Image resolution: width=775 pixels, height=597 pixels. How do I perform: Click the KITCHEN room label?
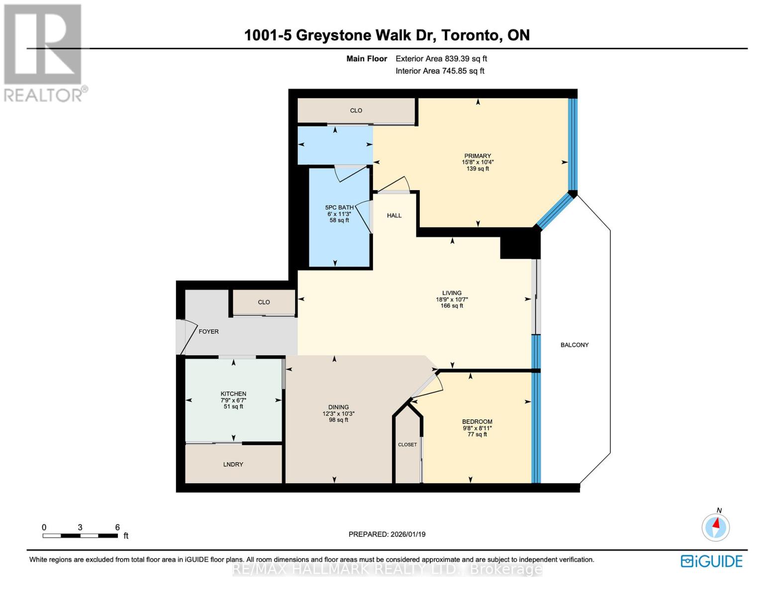[233, 394]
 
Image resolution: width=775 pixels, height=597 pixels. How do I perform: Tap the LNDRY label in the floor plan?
[233, 464]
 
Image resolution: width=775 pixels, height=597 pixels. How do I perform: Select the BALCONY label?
[575, 345]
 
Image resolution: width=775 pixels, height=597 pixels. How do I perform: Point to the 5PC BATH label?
[339, 207]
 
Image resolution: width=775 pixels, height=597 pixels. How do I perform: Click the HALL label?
[394, 215]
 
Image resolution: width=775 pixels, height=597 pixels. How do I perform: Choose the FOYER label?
[208, 331]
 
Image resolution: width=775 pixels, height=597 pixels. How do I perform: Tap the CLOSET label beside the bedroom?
[407, 444]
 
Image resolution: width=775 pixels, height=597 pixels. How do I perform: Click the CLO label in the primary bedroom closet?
[356, 110]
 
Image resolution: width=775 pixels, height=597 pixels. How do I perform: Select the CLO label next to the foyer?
[264, 302]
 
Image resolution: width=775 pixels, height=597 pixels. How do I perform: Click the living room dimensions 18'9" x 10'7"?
[452, 299]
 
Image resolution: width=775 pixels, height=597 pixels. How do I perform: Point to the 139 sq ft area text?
[478, 169]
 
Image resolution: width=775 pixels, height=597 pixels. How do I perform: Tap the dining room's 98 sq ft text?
[338, 420]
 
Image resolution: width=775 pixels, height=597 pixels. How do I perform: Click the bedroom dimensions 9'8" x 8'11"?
[477, 428]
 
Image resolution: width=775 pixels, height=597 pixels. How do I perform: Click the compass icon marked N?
[716, 527]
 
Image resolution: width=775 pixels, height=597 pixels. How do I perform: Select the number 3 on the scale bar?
[80, 527]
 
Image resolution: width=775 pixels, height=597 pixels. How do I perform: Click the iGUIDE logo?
[711, 561]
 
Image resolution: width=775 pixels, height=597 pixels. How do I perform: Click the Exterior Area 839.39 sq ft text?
[441, 59]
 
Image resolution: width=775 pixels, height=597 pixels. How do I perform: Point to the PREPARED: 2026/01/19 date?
[387, 534]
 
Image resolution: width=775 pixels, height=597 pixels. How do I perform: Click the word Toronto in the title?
[470, 35]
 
